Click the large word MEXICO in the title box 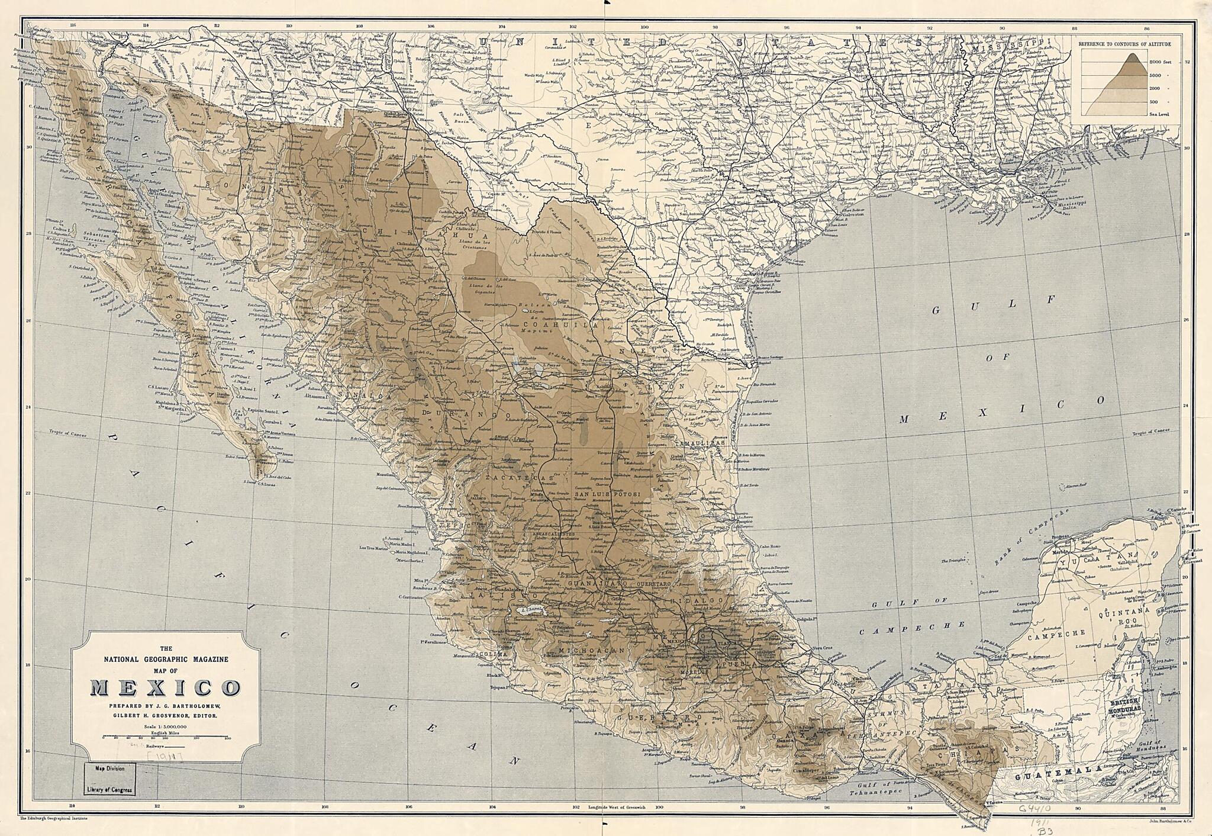click(165, 688)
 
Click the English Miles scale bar click(166, 737)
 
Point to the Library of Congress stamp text click(109, 789)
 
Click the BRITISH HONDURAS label click(1126, 705)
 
